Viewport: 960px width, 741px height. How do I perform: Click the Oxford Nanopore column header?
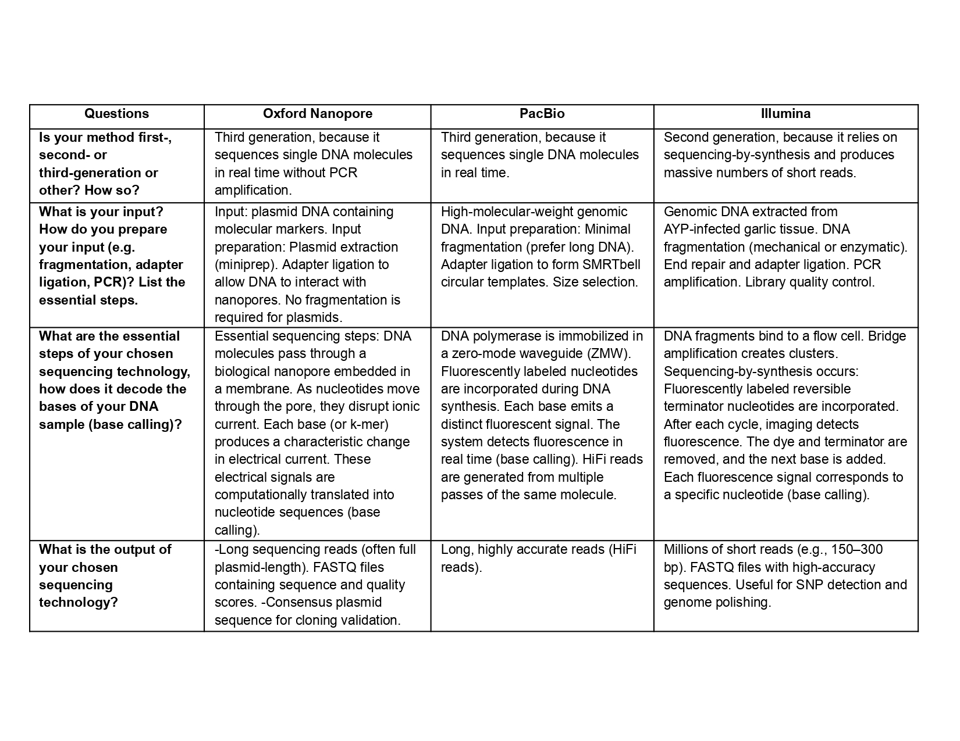317,114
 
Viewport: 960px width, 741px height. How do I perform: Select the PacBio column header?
542,114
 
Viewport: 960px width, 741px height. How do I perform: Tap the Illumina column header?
785,114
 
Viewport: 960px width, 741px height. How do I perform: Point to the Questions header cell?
116,114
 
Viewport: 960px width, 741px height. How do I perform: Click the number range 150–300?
857,550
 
